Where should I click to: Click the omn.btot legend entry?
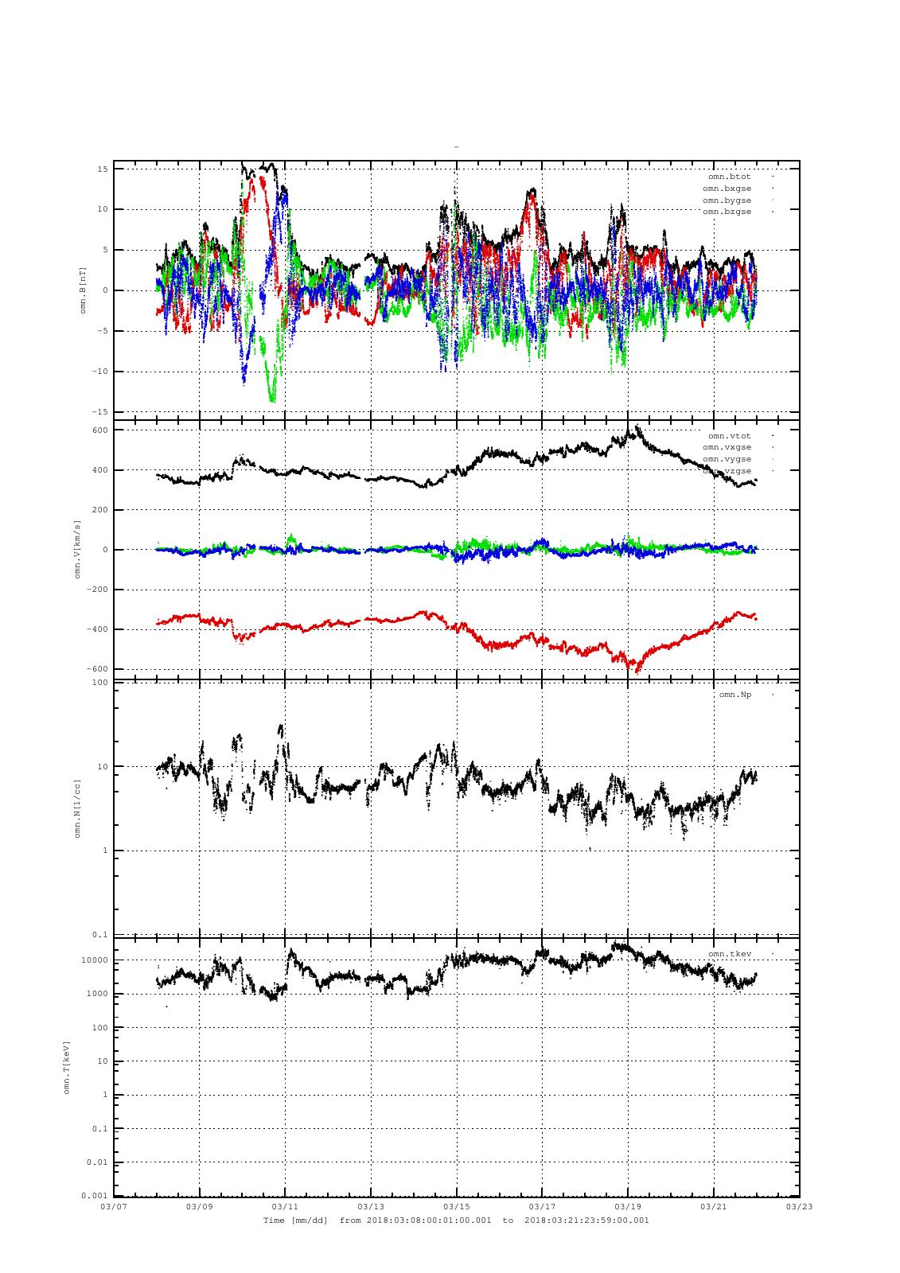pyautogui.click(x=729, y=177)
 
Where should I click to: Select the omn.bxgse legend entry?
pyautogui.click(x=727, y=189)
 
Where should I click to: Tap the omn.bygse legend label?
pyautogui.click(x=727, y=200)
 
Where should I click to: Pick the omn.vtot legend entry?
pyautogui.click(x=729, y=436)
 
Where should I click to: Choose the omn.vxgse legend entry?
pyautogui.click(x=727, y=447)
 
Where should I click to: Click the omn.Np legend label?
pyautogui.click(x=734, y=695)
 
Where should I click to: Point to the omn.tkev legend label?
pyautogui.click(x=729, y=953)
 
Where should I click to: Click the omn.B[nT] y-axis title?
pyautogui.click(x=83, y=290)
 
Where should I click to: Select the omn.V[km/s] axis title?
pyautogui.click(x=77, y=549)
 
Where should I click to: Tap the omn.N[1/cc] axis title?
pyautogui.click(x=77, y=808)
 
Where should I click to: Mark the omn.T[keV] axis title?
pyautogui.click(x=67, y=1066)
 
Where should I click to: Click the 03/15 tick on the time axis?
pyautogui.click(x=457, y=1206)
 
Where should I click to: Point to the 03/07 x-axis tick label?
pyautogui.click(x=114, y=1206)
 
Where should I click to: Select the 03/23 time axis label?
pyautogui.click(x=799, y=1206)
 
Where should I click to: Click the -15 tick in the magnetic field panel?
pyautogui.click(x=101, y=412)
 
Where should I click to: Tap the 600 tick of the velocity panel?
pyautogui.click(x=100, y=430)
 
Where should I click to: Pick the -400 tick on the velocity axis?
pyautogui.click(x=97, y=629)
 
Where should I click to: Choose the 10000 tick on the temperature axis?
pyautogui.click(x=95, y=960)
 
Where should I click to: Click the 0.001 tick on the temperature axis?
pyautogui.click(x=95, y=1196)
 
